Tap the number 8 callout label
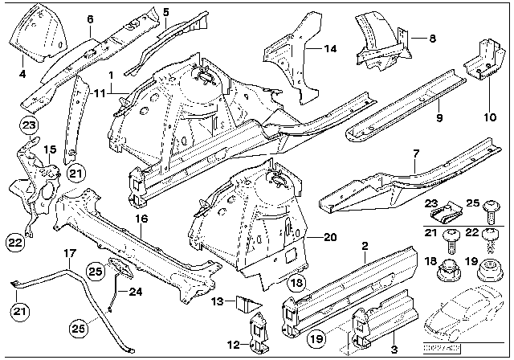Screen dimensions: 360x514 click(x=432, y=38)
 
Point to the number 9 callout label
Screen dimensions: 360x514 click(x=439, y=118)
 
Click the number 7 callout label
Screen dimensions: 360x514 click(x=416, y=153)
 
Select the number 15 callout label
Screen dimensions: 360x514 click(x=48, y=149)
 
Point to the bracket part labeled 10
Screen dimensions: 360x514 click(x=479, y=59)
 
